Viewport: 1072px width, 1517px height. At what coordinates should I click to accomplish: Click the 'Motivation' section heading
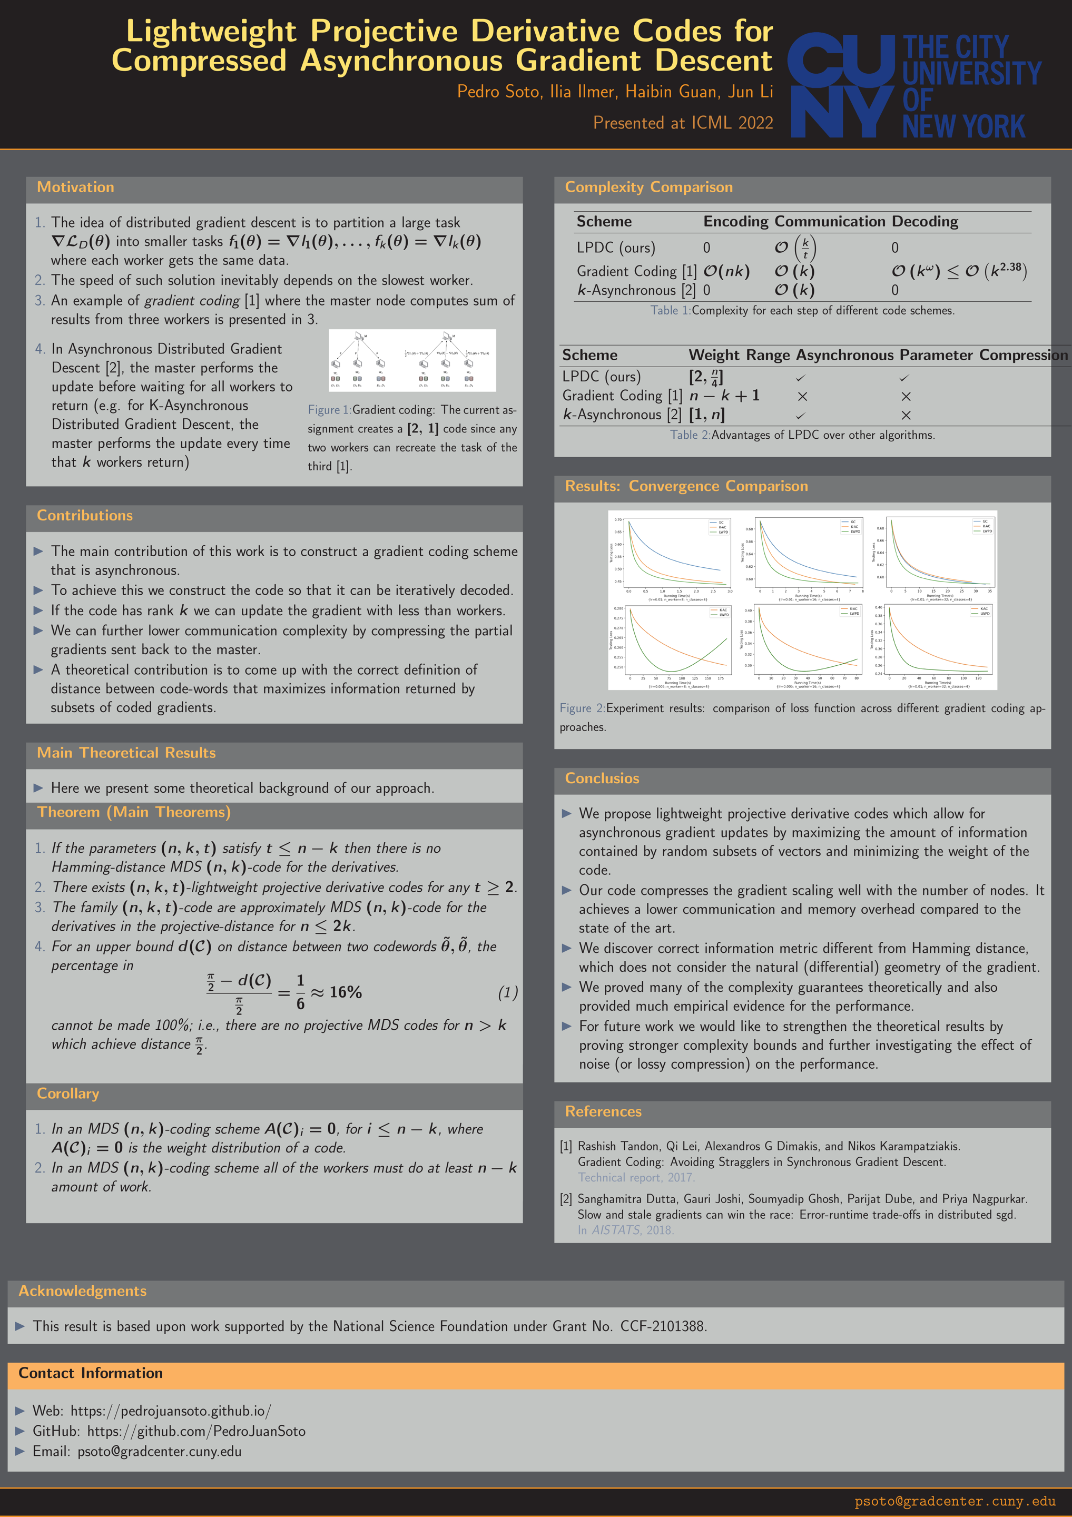(x=75, y=187)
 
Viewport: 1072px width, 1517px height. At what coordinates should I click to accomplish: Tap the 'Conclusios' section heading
(x=602, y=779)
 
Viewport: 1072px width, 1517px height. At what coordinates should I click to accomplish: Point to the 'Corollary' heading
(x=68, y=1094)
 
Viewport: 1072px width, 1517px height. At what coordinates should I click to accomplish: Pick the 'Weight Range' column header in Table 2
(x=739, y=355)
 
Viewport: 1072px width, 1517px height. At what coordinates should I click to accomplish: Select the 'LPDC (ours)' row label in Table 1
(x=615, y=248)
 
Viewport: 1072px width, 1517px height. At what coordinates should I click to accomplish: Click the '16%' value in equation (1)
(x=346, y=992)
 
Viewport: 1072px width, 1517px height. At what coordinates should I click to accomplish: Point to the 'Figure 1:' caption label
(x=329, y=410)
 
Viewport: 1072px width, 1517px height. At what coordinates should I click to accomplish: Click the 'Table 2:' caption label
(x=690, y=435)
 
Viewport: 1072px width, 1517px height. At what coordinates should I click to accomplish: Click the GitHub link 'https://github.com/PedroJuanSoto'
(x=196, y=1431)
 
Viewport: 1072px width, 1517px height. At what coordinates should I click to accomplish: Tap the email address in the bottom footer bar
(x=955, y=1501)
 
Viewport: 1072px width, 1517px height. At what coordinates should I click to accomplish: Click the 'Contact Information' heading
(x=91, y=1373)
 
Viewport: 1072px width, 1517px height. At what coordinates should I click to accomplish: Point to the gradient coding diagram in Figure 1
(x=412, y=360)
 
